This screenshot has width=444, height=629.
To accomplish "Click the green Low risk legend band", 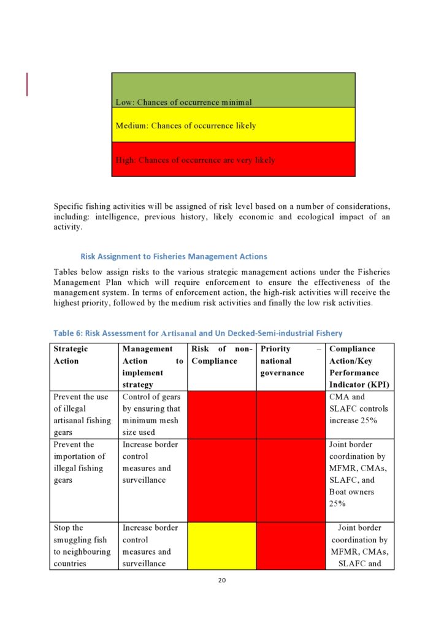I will coord(233,90).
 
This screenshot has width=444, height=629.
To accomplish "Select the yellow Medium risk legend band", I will coord(233,125).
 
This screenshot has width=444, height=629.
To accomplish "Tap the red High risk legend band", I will coord(233,159).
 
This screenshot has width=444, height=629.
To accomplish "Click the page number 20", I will coord(222,579).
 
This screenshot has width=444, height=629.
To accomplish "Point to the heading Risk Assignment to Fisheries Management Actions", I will coord(174,256).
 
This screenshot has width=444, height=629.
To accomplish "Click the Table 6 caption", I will coord(197,333).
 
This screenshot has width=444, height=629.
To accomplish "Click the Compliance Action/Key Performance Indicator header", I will coord(359,366).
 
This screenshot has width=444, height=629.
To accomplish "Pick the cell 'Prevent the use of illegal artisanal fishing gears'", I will coord(83,414).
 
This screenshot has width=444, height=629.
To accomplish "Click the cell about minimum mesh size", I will coord(152,414).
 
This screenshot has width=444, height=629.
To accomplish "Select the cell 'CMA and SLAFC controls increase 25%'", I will coord(359,408).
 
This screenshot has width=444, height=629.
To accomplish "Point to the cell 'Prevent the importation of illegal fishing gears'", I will coord(83,462).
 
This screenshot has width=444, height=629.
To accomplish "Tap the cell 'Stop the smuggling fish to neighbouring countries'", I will coord(83,545).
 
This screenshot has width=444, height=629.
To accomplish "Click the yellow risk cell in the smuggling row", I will coord(221,545).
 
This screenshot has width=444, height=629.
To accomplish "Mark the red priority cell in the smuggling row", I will coord(290,545).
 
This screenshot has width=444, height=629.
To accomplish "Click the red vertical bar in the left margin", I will coord(27,84).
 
